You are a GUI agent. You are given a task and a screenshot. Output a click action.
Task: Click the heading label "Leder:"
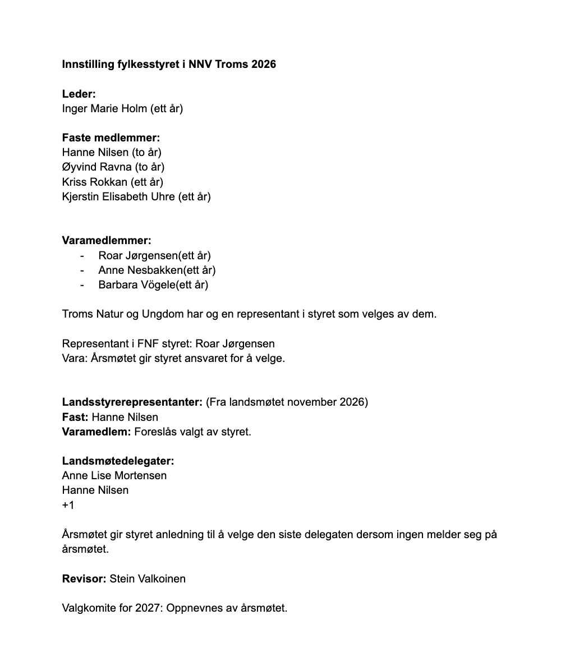[x=79, y=94]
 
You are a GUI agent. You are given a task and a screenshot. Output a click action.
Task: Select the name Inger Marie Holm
[x=105, y=108]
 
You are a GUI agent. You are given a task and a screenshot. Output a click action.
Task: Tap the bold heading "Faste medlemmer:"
[x=111, y=137]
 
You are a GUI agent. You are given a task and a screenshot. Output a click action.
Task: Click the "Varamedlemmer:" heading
[x=107, y=240]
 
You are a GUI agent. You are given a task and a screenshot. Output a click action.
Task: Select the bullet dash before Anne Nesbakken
[x=82, y=270]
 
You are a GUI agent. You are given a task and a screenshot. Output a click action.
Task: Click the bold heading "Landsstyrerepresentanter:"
[x=132, y=402]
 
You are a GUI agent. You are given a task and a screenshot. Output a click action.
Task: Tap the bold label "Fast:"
[x=75, y=417]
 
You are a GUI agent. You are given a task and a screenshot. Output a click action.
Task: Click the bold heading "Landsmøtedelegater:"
[x=118, y=461]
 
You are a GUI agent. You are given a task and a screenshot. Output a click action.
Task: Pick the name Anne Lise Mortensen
[x=114, y=475]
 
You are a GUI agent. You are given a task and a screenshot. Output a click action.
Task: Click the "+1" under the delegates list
[x=68, y=505]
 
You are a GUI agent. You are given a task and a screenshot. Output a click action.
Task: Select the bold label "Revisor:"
[x=84, y=579]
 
